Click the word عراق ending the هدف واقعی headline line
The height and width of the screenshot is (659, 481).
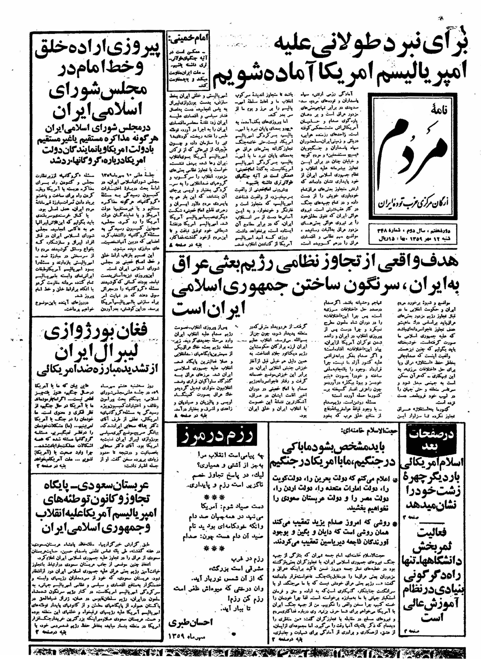click(x=194, y=265)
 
